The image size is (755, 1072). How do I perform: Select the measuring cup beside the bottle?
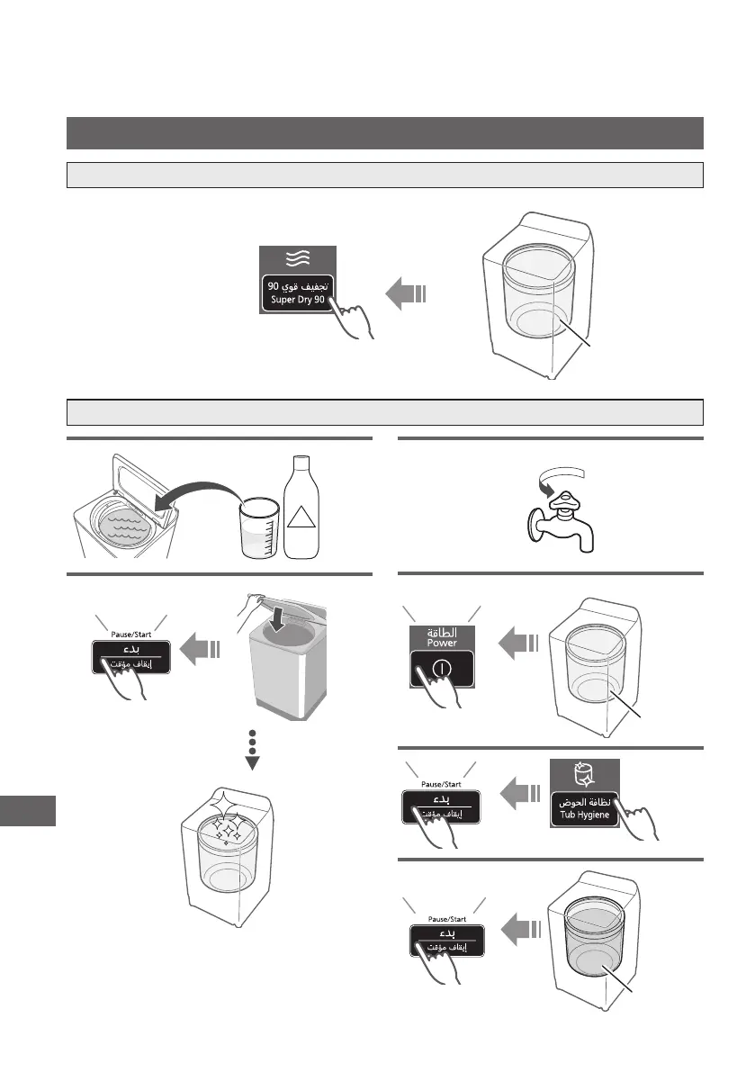(258, 532)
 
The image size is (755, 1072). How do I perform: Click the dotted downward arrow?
(253, 746)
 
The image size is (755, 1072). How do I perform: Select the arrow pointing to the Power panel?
(517, 642)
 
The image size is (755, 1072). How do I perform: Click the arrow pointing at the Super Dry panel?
(406, 293)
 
